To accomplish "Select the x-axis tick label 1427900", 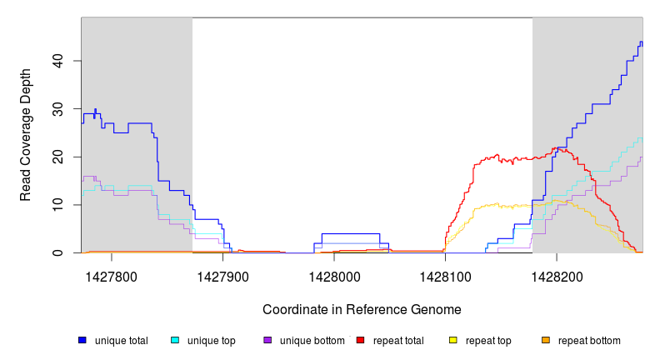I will (222, 273).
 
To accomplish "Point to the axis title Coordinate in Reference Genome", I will (362, 309).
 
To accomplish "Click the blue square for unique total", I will (82, 340).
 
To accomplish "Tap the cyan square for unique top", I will (175, 340).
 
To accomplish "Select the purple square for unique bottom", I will (267, 340).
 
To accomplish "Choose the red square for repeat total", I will (360, 340).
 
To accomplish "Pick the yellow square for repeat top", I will (453, 340).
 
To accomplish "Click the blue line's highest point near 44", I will (641, 42).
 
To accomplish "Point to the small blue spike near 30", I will (95, 109).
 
